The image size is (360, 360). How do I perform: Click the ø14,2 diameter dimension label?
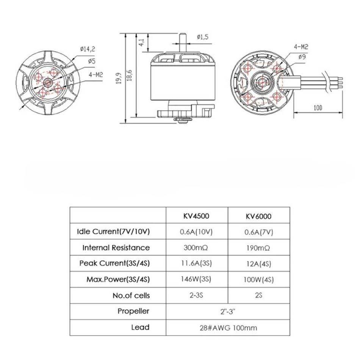pyautogui.click(x=88, y=49)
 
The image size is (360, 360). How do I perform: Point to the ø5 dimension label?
pyautogui.click(x=92, y=61)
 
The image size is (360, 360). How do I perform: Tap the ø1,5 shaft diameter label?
pyautogui.click(x=202, y=37)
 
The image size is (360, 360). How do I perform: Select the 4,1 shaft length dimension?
pyautogui.click(x=142, y=42)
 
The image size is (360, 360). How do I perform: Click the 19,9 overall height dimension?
pyautogui.click(x=119, y=78)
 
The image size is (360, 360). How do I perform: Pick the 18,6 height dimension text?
pyautogui.click(x=129, y=75)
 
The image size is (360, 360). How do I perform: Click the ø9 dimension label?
pyautogui.click(x=302, y=56)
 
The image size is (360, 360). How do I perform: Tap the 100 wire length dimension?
pyautogui.click(x=318, y=108)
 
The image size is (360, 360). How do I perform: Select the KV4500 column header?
pyautogui.click(x=196, y=216)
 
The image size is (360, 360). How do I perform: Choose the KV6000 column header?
pyautogui.click(x=258, y=216)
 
